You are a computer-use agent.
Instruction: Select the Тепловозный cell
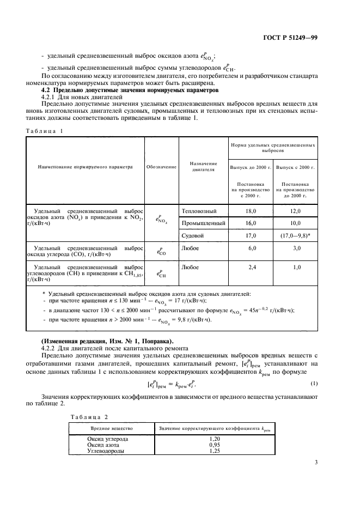click(x=199, y=211)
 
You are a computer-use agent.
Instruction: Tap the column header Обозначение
click(x=161, y=168)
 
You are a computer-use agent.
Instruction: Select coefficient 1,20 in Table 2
click(x=215, y=439)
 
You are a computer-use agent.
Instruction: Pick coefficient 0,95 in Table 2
click(x=215, y=445)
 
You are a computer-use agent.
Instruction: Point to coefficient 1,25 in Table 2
click(x=215, y=452)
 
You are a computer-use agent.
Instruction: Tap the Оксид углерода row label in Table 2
click(x=108, y=439)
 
